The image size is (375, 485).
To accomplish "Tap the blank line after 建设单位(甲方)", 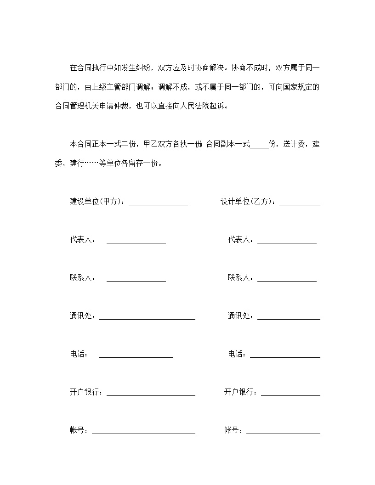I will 158,203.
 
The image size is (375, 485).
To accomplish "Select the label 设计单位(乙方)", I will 248,202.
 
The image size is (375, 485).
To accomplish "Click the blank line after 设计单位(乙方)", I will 300,203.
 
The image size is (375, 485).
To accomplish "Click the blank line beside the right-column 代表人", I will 287,241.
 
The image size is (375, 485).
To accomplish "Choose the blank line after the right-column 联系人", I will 287,279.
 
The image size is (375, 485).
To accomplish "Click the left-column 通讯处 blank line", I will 147,317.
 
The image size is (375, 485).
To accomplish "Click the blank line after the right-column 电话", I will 285,355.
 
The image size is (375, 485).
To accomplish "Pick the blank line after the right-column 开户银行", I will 290,394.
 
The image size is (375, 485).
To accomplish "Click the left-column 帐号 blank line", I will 143,432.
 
